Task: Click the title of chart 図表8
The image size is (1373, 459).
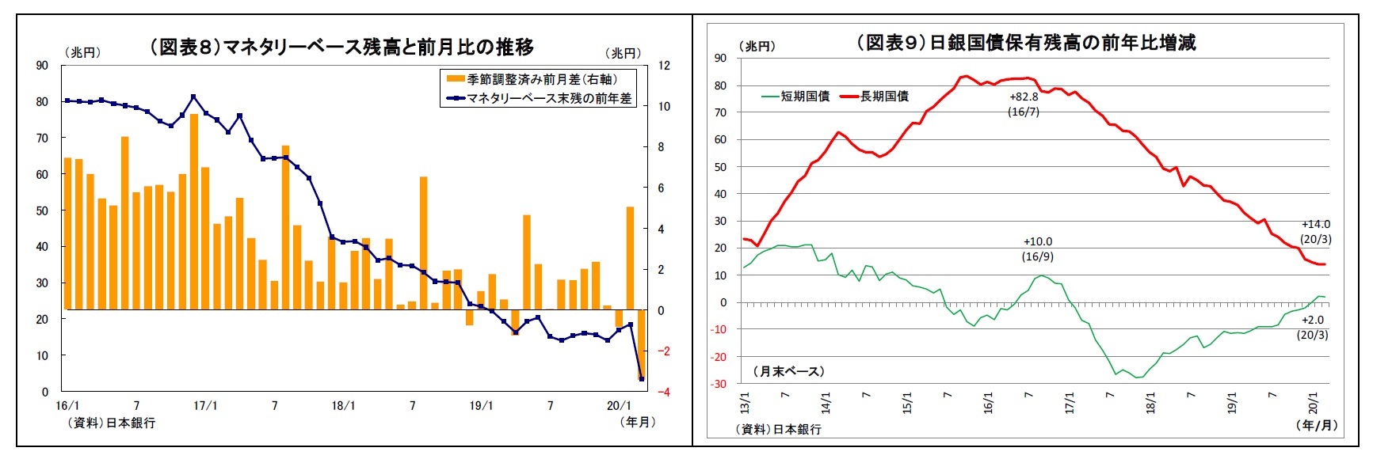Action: point(341,47)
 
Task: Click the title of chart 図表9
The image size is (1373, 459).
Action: point(1026,43)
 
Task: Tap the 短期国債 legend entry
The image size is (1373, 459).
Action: point(795,96)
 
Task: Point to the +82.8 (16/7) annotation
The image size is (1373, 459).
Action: point(1024,104)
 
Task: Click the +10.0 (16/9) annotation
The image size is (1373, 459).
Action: point(1038,248)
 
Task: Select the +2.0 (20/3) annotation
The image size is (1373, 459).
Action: point(1313,327)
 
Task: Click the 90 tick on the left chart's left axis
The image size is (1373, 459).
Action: point(42,65)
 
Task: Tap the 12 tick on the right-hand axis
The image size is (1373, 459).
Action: point(664,65)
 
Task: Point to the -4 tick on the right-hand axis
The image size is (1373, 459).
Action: point(664,392)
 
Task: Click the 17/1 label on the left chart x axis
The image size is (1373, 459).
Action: point(205,405)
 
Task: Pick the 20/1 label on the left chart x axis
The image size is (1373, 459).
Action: point(618,405)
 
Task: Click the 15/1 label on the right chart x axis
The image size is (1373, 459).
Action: point(907,403)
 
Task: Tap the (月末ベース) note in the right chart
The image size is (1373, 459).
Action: point(788,370)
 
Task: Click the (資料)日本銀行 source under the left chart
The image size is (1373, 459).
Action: point(111,423)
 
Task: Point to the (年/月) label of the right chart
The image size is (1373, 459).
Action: point(1316,425)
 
